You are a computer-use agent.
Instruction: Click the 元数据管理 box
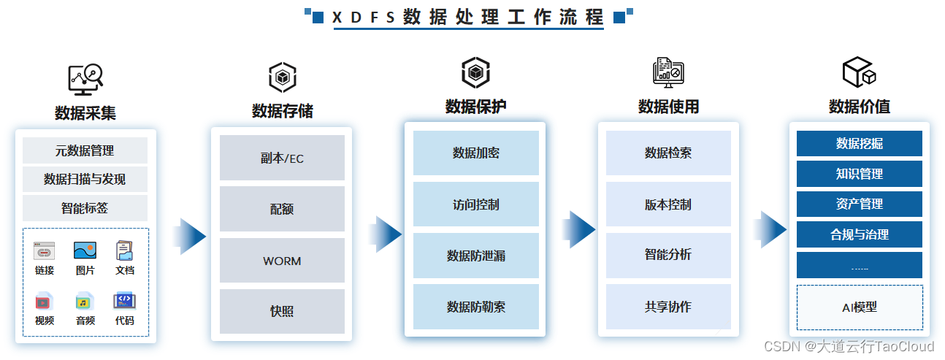(x=85, y=150)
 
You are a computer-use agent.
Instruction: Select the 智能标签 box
(x=85, y=207)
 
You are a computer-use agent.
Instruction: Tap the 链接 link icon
(x=45, y=250)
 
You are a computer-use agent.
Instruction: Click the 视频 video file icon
(x=44, y=302)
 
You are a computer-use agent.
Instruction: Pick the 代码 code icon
(x=124, y=301)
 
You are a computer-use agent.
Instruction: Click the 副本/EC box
(x=282, y=158)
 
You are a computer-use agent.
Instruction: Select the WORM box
(x=282, y=261)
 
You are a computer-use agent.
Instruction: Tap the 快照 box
(x=282, y=311)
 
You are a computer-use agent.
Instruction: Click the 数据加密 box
(x=476, y=153)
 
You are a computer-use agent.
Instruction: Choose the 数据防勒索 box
(x=476, y=307)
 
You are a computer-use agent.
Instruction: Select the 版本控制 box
(x=668, y=204)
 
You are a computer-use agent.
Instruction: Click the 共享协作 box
(x=668, y=307)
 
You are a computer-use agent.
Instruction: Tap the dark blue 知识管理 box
(x=860, y=174)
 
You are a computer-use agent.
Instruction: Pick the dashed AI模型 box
(x=860, y=307)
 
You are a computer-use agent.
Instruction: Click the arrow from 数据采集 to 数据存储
(x=190, y=237)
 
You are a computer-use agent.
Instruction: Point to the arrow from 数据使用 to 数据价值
(x=770, y=229)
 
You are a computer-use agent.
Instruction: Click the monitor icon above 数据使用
(x=668, y=72)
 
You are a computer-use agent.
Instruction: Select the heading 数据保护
(x=476, y=107)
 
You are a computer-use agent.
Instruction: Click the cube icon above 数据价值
(x=859, y=72)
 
